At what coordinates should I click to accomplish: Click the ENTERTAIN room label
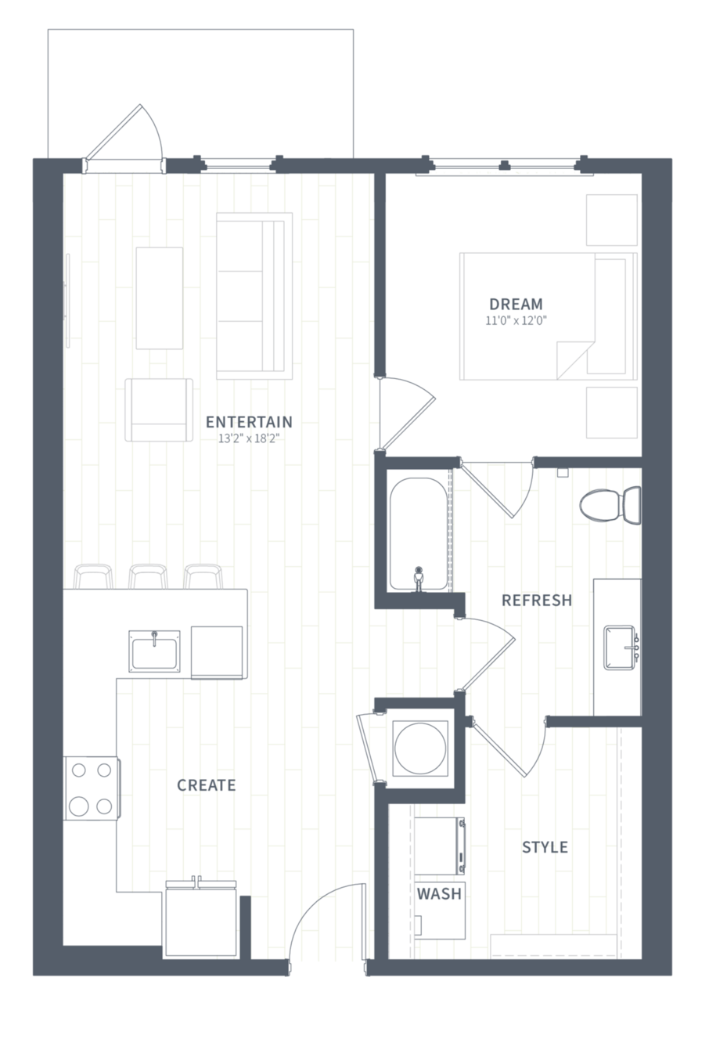[x=249, y=422]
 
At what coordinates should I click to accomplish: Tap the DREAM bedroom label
[x=516, y=305]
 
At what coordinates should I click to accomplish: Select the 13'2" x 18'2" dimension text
[x=249, y=439]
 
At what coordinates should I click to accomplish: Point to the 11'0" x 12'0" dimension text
[x=516, y=321]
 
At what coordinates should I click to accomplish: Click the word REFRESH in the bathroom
[x=537, y=601]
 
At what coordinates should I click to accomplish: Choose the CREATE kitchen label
[x=207, y=785]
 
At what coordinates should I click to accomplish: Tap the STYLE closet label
[x=545, y=847]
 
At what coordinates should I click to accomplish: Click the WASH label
[x=439, y=894]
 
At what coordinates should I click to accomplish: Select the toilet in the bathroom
[x=610, y=505]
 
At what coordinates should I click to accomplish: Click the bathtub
[x=419, y=534]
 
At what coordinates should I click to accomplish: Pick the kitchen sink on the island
[x=154, y=651]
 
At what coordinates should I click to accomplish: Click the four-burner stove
[x=92, y=788]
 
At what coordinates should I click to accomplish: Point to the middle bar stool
[x=148, y=576]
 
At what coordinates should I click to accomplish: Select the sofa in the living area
[x=254, y=296]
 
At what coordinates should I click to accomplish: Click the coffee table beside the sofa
[x=159, y=298]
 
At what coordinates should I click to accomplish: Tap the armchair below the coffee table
[x=159, y=409]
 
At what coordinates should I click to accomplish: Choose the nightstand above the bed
[x=611, y=220]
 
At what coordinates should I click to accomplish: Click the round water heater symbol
[x=419, y=748]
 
